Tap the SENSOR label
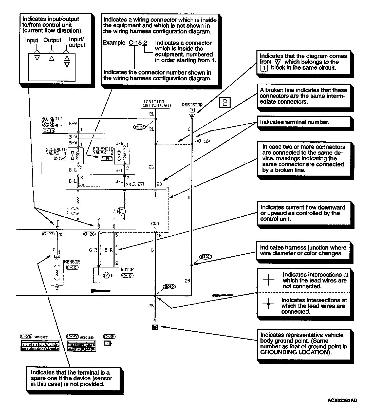pos(72,262)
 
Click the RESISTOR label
pos(192,105)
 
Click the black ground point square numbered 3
pos(155,327)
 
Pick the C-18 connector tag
pos(203,141)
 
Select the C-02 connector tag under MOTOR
pos(127,275)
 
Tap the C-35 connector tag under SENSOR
pos(72,267)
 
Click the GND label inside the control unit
pos(155,224)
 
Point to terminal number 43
pos(61,234)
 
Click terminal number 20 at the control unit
pos(159,184)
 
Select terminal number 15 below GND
pos(159,236)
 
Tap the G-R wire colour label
pos(93,250)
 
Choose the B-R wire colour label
pos(108,250)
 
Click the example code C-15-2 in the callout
pos(138,43)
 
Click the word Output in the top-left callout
pos(52,40)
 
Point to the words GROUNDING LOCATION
pos(295,352)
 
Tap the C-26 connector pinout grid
pos(40,347)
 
